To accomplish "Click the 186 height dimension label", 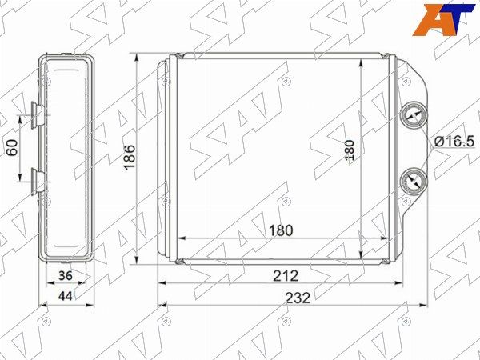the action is [130, 157].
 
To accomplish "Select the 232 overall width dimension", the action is [298, 298].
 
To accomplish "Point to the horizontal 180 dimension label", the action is [281, 230].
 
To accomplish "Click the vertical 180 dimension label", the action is [350, 150].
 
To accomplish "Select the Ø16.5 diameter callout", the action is [454, 142].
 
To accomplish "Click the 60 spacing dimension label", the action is [13, 147].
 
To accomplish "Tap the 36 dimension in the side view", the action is [66, 275].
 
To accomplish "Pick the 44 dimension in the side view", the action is [66, 296].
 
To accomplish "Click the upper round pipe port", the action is [414, 116].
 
